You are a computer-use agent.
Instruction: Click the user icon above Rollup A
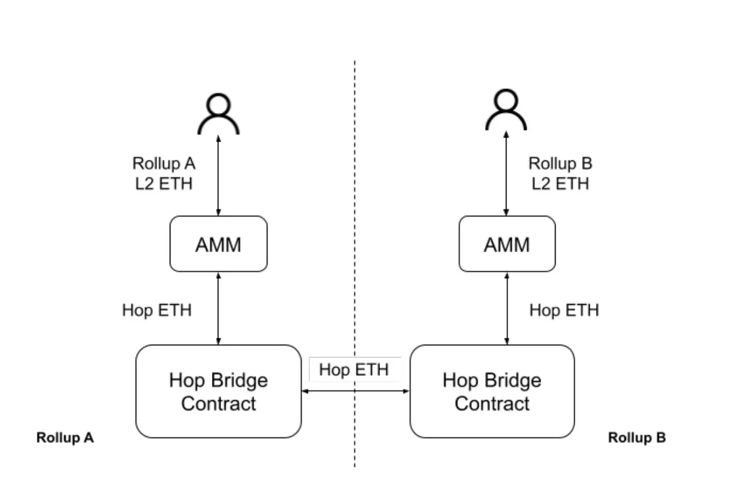(x=218, y=114)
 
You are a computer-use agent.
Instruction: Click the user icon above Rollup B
(x=506, y=110)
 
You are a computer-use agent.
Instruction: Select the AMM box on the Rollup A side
(x=218, y=244)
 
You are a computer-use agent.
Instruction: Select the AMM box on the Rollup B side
(x=506, y=244)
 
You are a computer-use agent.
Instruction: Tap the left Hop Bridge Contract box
(x=218, y=391)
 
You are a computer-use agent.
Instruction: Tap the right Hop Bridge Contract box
(x=492, y=391)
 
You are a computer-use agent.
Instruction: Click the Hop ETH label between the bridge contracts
(x=353, y=369)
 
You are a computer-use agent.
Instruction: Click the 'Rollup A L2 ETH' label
(x=164, y=173)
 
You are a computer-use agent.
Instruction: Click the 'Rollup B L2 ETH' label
(x=560, y=173)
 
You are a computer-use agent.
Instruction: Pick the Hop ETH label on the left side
(x=157, y=310)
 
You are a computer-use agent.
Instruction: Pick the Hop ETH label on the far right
(x=564, y=310)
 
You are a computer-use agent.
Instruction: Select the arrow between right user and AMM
(x=506, y=173)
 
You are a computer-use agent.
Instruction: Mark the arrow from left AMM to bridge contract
(x=218, y=308)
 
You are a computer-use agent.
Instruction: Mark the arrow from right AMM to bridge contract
(x=507, y=308)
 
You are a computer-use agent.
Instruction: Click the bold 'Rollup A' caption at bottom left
(x=65, y=438)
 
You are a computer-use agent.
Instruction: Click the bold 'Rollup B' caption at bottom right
(x=636, y=438)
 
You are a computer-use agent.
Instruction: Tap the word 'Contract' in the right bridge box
(x=492, y=403)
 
